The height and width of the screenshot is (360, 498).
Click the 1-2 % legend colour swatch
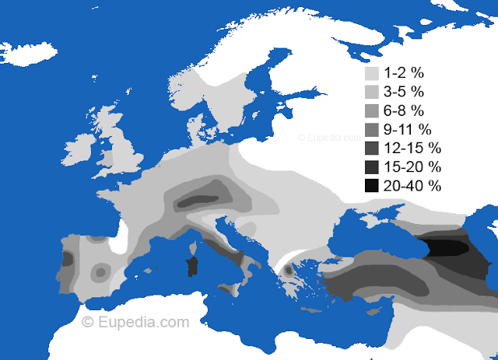[372, 73]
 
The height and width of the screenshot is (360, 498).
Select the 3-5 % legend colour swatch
[372, 92]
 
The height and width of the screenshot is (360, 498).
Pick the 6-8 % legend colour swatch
[372, 110]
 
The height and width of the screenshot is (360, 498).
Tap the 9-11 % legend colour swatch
[372, 129]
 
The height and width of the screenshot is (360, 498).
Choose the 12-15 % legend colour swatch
[372, 148]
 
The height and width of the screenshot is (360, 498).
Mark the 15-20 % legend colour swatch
[372, 166]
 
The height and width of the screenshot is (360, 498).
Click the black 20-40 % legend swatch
[372, 185]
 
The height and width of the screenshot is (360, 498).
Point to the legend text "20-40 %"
[413, 185]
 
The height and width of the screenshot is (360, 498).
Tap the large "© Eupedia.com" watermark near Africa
[135, 320]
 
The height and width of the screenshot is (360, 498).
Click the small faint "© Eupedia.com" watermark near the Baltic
[324, 138]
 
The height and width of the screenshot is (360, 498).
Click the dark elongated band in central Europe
[205, 197]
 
